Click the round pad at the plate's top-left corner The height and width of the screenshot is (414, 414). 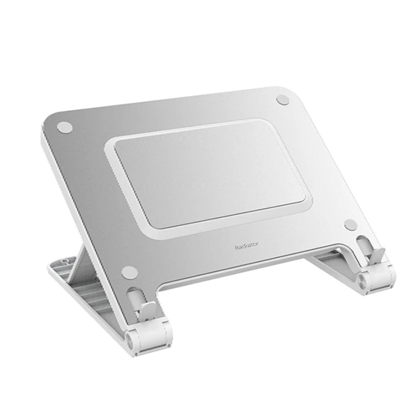[x=64, y=126]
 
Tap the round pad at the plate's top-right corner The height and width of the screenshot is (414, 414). [x=284, y=98]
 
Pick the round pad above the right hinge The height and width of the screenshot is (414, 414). [x=350, y=224]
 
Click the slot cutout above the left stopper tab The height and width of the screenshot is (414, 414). [x=134, y=295]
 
